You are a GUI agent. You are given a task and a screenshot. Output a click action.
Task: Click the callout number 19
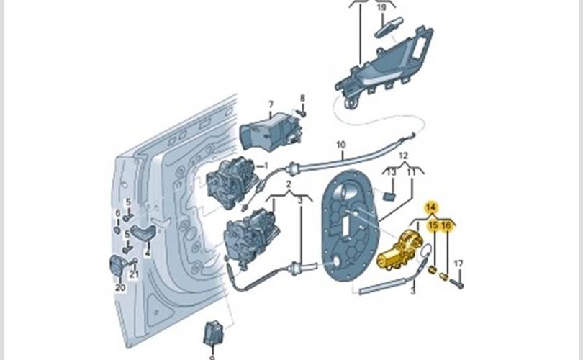(381, 7)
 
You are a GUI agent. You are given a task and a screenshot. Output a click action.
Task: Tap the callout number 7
(271, 104)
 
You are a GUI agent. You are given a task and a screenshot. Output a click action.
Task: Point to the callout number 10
(340, 145)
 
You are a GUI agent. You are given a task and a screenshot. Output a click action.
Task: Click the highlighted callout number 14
(431, 208)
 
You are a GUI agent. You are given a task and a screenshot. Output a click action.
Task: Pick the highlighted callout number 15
(434, 227)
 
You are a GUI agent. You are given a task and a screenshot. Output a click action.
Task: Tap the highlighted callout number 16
(446, 227)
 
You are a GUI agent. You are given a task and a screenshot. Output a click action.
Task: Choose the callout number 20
(120, 288)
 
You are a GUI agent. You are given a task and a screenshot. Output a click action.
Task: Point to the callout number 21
(134, 275)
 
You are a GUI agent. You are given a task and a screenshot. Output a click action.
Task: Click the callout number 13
(392, 173)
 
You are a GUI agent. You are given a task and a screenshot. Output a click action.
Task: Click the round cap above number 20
(118, 266)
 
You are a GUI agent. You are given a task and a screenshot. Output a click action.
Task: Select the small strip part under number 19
(386, 27)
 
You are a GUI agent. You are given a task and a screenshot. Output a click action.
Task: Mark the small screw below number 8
(303, 112)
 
